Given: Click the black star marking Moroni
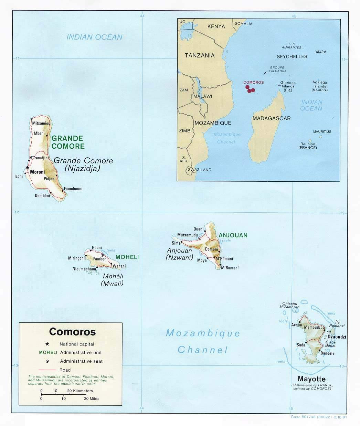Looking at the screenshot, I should tap(28, 168).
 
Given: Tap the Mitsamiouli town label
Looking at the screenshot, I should tap(42, 123).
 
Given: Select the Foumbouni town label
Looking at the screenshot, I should tap(73, 189).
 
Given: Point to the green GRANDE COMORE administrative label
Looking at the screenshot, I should tap(68, 142).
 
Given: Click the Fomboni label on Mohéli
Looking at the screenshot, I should tap(100, 259).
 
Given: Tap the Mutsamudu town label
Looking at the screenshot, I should tap(187, 235).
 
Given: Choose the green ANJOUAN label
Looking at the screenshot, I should tap(233, 235).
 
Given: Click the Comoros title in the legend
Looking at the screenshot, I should tap(72, 332).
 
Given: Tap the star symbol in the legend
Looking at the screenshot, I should tap(47, 344).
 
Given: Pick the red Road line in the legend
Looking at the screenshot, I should tap(47, 370).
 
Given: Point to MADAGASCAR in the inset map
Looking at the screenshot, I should tap(271, 118).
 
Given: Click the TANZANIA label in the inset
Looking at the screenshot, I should tap(199, 55).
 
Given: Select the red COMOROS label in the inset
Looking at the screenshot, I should tap(253, 82).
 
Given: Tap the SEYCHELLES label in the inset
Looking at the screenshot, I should tap(292, 56).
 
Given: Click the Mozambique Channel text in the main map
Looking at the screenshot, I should tap(203, 341).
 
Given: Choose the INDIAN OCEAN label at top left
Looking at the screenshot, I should tap(94, 37).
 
